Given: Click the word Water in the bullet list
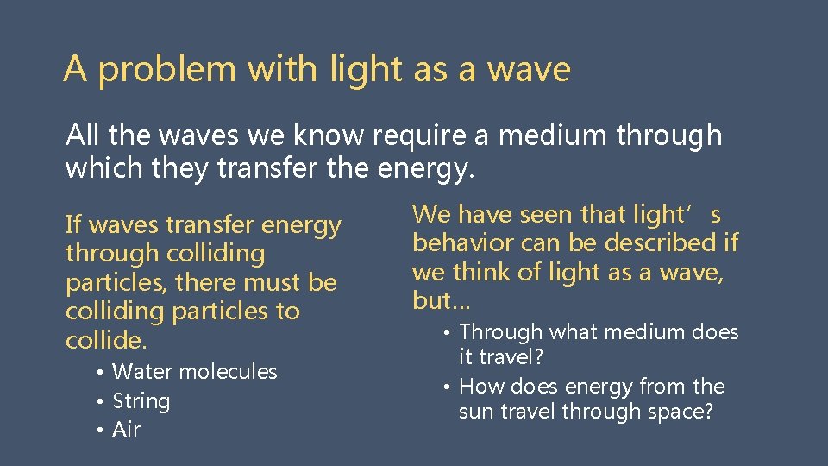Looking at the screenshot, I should (140, 372).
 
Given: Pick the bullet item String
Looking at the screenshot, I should (141, 401).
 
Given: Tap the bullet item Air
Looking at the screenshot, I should (126, 430).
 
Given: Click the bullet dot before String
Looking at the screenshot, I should (100, 401).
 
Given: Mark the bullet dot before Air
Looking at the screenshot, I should (100, 430).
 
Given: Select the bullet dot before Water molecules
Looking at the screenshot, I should (100, 372).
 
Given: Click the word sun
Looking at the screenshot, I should (476, 412).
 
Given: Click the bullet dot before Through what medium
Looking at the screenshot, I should (446, 332).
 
